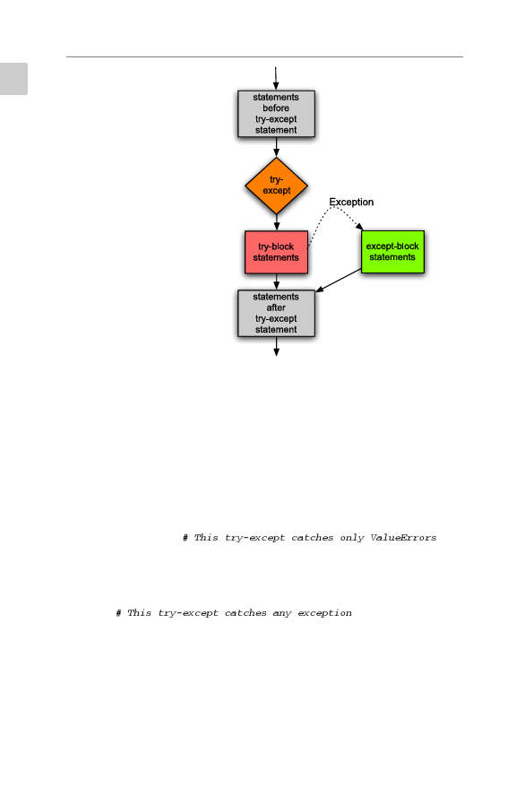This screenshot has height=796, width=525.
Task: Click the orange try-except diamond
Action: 277,186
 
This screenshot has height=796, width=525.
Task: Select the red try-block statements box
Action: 277,252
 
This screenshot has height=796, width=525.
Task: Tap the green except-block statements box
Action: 392,252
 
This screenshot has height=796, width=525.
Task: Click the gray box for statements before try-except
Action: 277,114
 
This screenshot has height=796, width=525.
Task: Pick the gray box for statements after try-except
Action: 277,313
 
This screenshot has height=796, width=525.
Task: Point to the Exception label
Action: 351,202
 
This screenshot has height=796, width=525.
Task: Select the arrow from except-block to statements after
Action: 339,281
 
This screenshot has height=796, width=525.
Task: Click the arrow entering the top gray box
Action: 276,79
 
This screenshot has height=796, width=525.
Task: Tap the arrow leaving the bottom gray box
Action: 277,346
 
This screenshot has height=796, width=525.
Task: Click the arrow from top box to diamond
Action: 277,147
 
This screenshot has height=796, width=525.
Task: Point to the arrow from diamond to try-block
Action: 277,222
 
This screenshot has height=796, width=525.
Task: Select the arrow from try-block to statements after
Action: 277,282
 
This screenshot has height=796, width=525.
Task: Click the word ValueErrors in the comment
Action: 403,538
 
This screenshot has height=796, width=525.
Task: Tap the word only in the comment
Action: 352,538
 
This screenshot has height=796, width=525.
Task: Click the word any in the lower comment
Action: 282,613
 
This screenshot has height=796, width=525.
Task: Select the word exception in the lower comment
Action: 324,613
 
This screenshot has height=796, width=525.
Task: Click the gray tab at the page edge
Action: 13,79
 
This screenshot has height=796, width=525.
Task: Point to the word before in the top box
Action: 276,108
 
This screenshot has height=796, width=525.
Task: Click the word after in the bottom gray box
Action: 276,307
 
